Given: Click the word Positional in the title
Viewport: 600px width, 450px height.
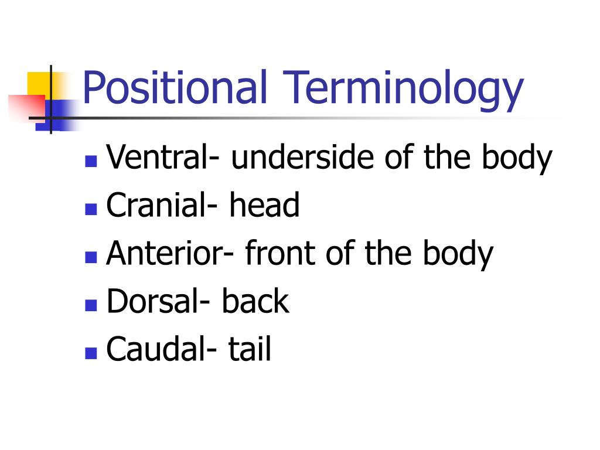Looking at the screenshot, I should coord(175,88).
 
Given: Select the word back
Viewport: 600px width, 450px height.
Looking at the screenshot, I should coord(255,301).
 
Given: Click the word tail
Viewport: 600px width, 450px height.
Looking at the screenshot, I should coord(250,349).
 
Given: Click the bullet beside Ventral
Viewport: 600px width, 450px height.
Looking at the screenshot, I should coord(90,161).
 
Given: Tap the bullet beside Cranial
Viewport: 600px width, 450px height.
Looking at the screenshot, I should coord(90,209).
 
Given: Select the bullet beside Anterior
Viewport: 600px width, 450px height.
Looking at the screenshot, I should coord(90,257).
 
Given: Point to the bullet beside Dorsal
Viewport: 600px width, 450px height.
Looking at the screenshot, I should coord(90,305).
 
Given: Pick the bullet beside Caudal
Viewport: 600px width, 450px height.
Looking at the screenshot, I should coord(90,353).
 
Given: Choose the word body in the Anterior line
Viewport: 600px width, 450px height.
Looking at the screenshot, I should coord(458,253).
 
